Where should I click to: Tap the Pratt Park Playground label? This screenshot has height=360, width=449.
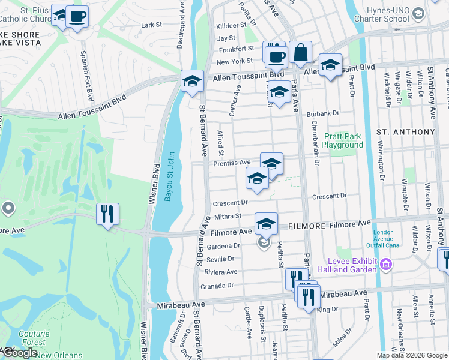[342, 140]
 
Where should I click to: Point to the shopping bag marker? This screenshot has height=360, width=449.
[300, 53]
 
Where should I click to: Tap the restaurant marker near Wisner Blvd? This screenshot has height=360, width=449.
[107, 214]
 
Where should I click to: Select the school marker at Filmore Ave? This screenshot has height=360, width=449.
[266, 224]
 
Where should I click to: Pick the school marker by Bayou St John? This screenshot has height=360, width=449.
[191, 81]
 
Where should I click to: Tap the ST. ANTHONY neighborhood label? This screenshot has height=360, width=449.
[405, 132]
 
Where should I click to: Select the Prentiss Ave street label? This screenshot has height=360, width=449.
[232, 163]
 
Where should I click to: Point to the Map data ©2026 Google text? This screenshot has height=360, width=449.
[412, 356]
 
